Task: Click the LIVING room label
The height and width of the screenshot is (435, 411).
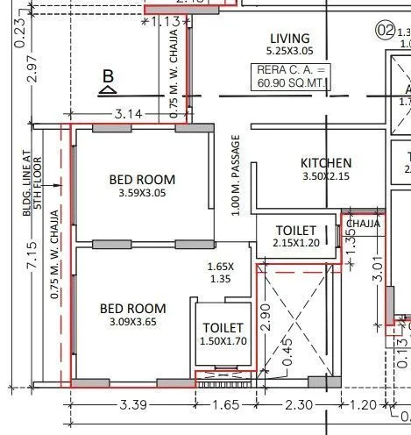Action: point(289,38)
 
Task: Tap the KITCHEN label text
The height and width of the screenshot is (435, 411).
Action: point(326,163)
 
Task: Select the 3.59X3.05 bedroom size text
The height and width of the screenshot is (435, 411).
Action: point(141,193)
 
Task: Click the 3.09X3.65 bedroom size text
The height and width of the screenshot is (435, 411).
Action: point(132,322)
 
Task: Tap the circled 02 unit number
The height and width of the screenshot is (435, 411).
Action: point(384,29)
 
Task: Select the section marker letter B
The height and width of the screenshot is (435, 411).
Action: point(108,76)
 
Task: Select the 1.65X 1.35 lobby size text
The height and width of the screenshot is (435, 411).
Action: point(219,273)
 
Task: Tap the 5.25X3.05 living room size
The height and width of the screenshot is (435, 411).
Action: point(289,52)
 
